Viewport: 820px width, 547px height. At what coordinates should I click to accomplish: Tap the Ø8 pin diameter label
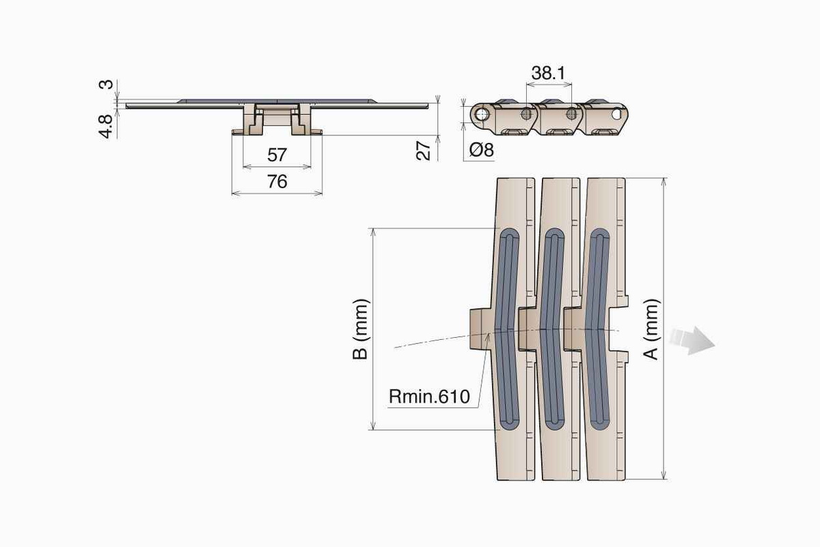[480, 150]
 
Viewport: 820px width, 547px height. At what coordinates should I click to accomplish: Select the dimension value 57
[277, 155]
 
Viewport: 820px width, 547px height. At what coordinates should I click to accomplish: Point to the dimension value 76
[277, 182]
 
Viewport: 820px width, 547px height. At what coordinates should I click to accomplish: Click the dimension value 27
[424, 150]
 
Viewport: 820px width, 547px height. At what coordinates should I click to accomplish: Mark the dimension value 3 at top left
[105, 85]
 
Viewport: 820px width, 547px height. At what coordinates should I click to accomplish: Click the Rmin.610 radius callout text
[429, 397]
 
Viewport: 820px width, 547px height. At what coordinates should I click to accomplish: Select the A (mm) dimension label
[651, 329]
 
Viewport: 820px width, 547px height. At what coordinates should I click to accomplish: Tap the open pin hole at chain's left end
[482, 113]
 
